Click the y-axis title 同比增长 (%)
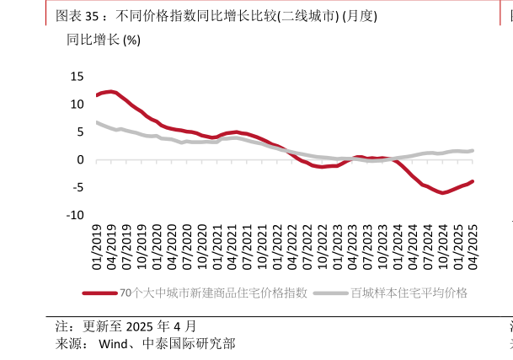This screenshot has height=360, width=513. pyautogui.click(x=104, y=40)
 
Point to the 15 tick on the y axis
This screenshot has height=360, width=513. pyautogui.click(x=77, y=77)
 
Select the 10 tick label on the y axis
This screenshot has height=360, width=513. pyautogui.click(x=77, y=105)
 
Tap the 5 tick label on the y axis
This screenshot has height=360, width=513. pyautogui.click(x=80, y=132)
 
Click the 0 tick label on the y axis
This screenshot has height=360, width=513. pyautogui.click(x=80, y=160)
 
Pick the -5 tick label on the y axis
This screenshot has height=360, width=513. pyautogui.click(x=77, y=188)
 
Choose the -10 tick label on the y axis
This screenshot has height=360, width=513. pyautogui.click(x=74, y=216)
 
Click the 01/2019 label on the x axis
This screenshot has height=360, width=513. pyautogui.click(x=97, y=247)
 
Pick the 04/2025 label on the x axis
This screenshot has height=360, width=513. pyautogui.click(x=473, y=247)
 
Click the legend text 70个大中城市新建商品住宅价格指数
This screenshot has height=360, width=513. pyautogui.click(x=213, y=293)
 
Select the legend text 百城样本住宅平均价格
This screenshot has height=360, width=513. pyautogui.click(x=409, y=293)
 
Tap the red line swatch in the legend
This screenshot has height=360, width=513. pyautogui.click(x=99, y=293)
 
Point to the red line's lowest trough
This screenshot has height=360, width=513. pyautogui.click(x=442, y=193)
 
